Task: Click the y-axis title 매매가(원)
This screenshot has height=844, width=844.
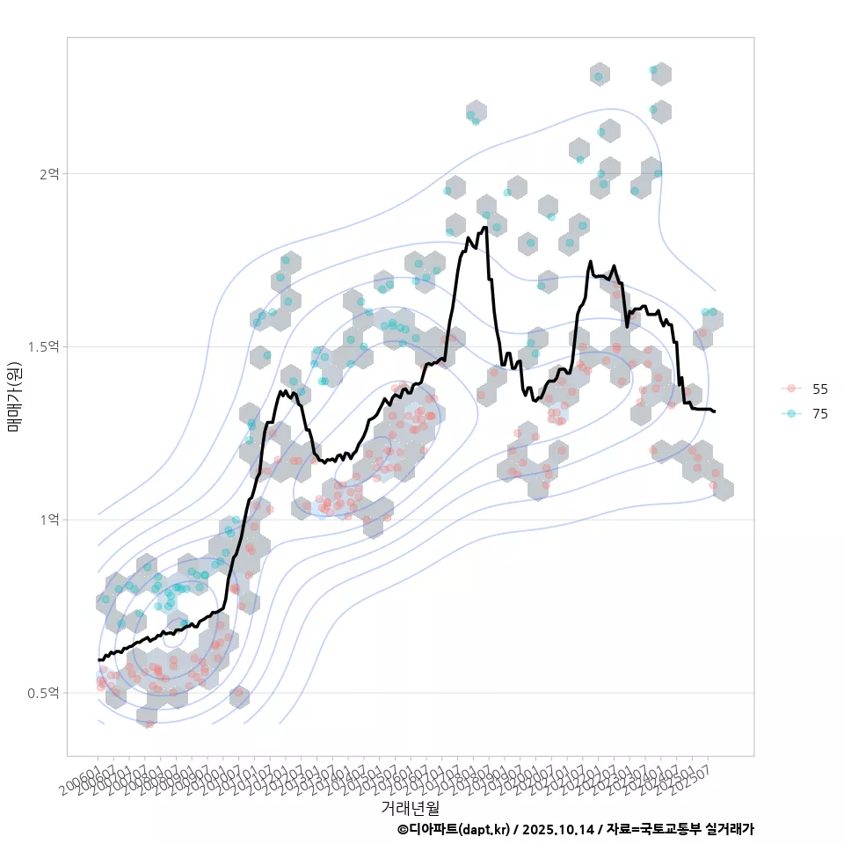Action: [14, 397]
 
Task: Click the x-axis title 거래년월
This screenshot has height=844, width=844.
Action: [410, 806]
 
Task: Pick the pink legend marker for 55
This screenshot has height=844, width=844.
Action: [791, 389]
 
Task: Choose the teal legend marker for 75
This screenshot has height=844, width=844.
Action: [791, 414]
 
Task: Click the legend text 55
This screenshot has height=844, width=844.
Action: [820, 389]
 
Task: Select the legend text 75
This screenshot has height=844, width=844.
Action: [820, 414]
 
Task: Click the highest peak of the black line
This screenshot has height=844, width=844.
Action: [484, 228]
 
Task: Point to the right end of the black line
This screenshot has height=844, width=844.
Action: [715, 411]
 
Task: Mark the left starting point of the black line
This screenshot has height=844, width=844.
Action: [98, 659]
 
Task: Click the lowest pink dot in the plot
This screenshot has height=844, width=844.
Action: [149, 724]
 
